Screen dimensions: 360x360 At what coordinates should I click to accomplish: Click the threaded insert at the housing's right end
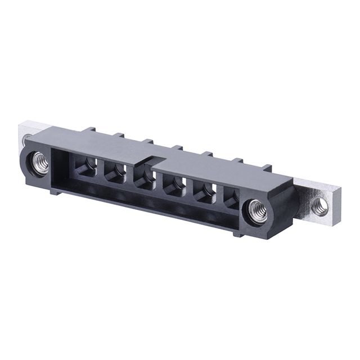(x=256, y=209)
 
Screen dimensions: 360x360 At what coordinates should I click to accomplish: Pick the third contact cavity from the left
(x=144, y=179)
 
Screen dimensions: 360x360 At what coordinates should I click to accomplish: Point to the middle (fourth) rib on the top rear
(x=177, y=148)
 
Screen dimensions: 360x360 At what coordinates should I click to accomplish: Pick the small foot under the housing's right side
(x=238, y=232)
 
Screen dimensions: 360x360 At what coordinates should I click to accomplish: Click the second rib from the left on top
(x=118, y=136)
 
